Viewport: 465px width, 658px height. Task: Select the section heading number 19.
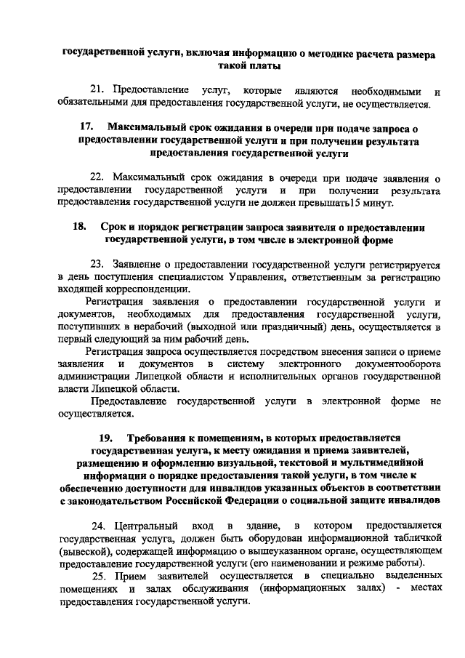pos(106,438)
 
